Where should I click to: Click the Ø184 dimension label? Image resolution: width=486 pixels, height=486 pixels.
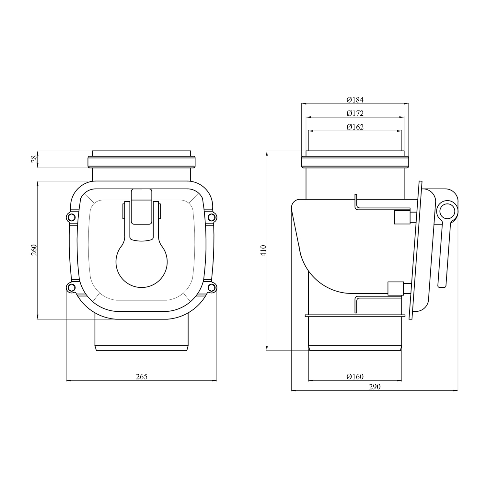355,100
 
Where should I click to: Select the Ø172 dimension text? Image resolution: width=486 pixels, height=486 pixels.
355,113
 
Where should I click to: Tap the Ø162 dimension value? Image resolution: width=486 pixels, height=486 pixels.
355,127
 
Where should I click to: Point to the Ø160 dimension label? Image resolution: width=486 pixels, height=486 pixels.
355,376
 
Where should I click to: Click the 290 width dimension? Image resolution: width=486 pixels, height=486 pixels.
375,387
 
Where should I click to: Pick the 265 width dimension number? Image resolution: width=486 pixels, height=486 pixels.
142,376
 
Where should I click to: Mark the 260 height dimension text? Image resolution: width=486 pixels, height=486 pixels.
34,249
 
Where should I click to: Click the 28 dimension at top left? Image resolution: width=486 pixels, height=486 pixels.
34,159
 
